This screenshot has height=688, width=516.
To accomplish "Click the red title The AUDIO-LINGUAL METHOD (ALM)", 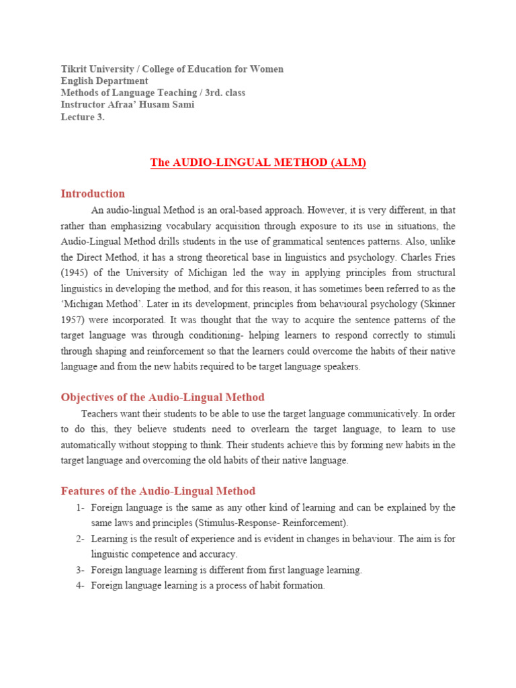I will [258, 163].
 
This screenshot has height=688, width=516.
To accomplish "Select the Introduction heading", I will [93, 193].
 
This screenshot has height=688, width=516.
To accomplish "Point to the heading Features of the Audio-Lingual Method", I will [158, 491].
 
